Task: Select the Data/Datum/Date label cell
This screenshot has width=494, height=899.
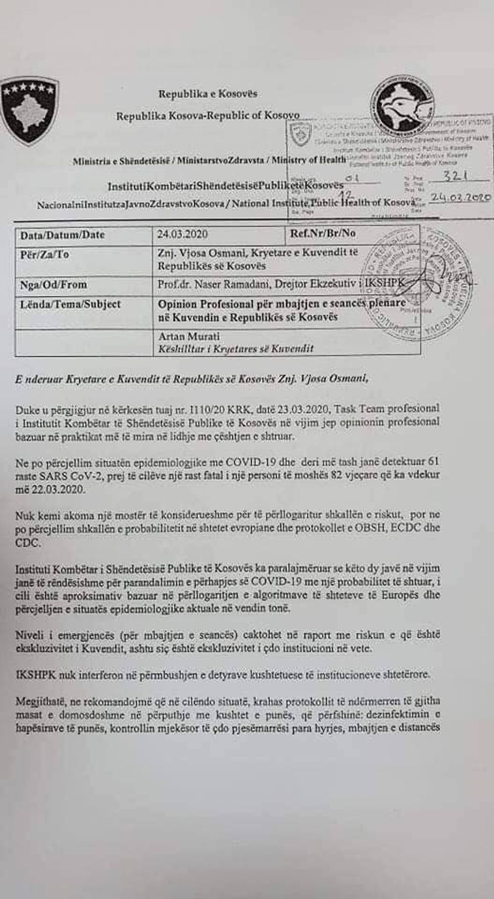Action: point(63,235)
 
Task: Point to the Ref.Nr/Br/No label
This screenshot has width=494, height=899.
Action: point(323,233)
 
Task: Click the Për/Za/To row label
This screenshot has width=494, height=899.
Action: point(44,254)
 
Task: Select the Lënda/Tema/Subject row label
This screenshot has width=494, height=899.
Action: point(70,304)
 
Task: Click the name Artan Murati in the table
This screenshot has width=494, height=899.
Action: point(189,336)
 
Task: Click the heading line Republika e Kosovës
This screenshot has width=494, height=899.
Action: point(208,94)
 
